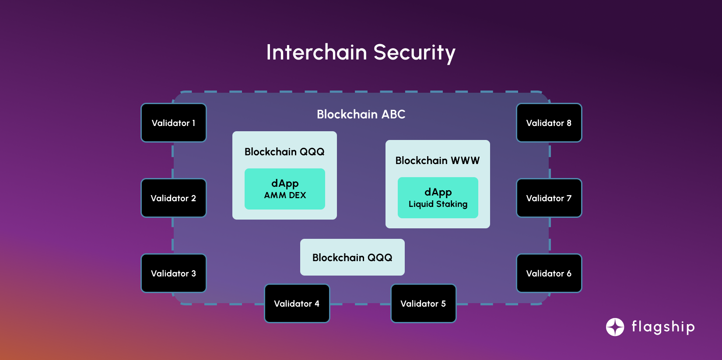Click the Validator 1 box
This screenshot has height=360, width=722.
click(x=173, y=123)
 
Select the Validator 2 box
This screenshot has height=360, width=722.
click(x=173, y=198)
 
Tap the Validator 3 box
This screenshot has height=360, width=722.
click(x=173, y=273)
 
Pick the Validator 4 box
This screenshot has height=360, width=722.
click(x=297, y=304)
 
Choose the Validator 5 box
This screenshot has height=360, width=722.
click(x=423, y=304)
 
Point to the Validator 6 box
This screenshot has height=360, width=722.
click(x=549, y=273)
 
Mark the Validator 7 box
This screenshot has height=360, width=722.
click(x=549, y=198)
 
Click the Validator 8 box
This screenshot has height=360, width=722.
click(x=549, y=123)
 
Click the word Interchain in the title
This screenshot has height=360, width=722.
click(x=316, y=52)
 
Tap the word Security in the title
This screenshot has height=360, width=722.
click(x=414, y=52)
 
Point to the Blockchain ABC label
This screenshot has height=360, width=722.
click(x=361, y=115)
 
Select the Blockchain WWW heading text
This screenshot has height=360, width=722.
click(x=438, y=161)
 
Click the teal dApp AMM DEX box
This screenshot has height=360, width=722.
click(x=285, y=189)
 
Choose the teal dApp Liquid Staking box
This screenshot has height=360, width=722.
click(x=438, y=198)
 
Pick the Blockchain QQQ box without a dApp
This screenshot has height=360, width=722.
click(x=352, y=257)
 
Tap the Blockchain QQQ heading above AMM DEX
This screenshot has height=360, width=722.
click(x=284, y=152)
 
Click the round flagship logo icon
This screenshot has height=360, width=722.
click(x=615, y=327)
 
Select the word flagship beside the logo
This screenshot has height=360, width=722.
click(x=663, y=327)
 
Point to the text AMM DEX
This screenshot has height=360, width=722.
click(x=285, y=196)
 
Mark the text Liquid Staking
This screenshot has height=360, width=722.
click(x=438, y=204)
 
